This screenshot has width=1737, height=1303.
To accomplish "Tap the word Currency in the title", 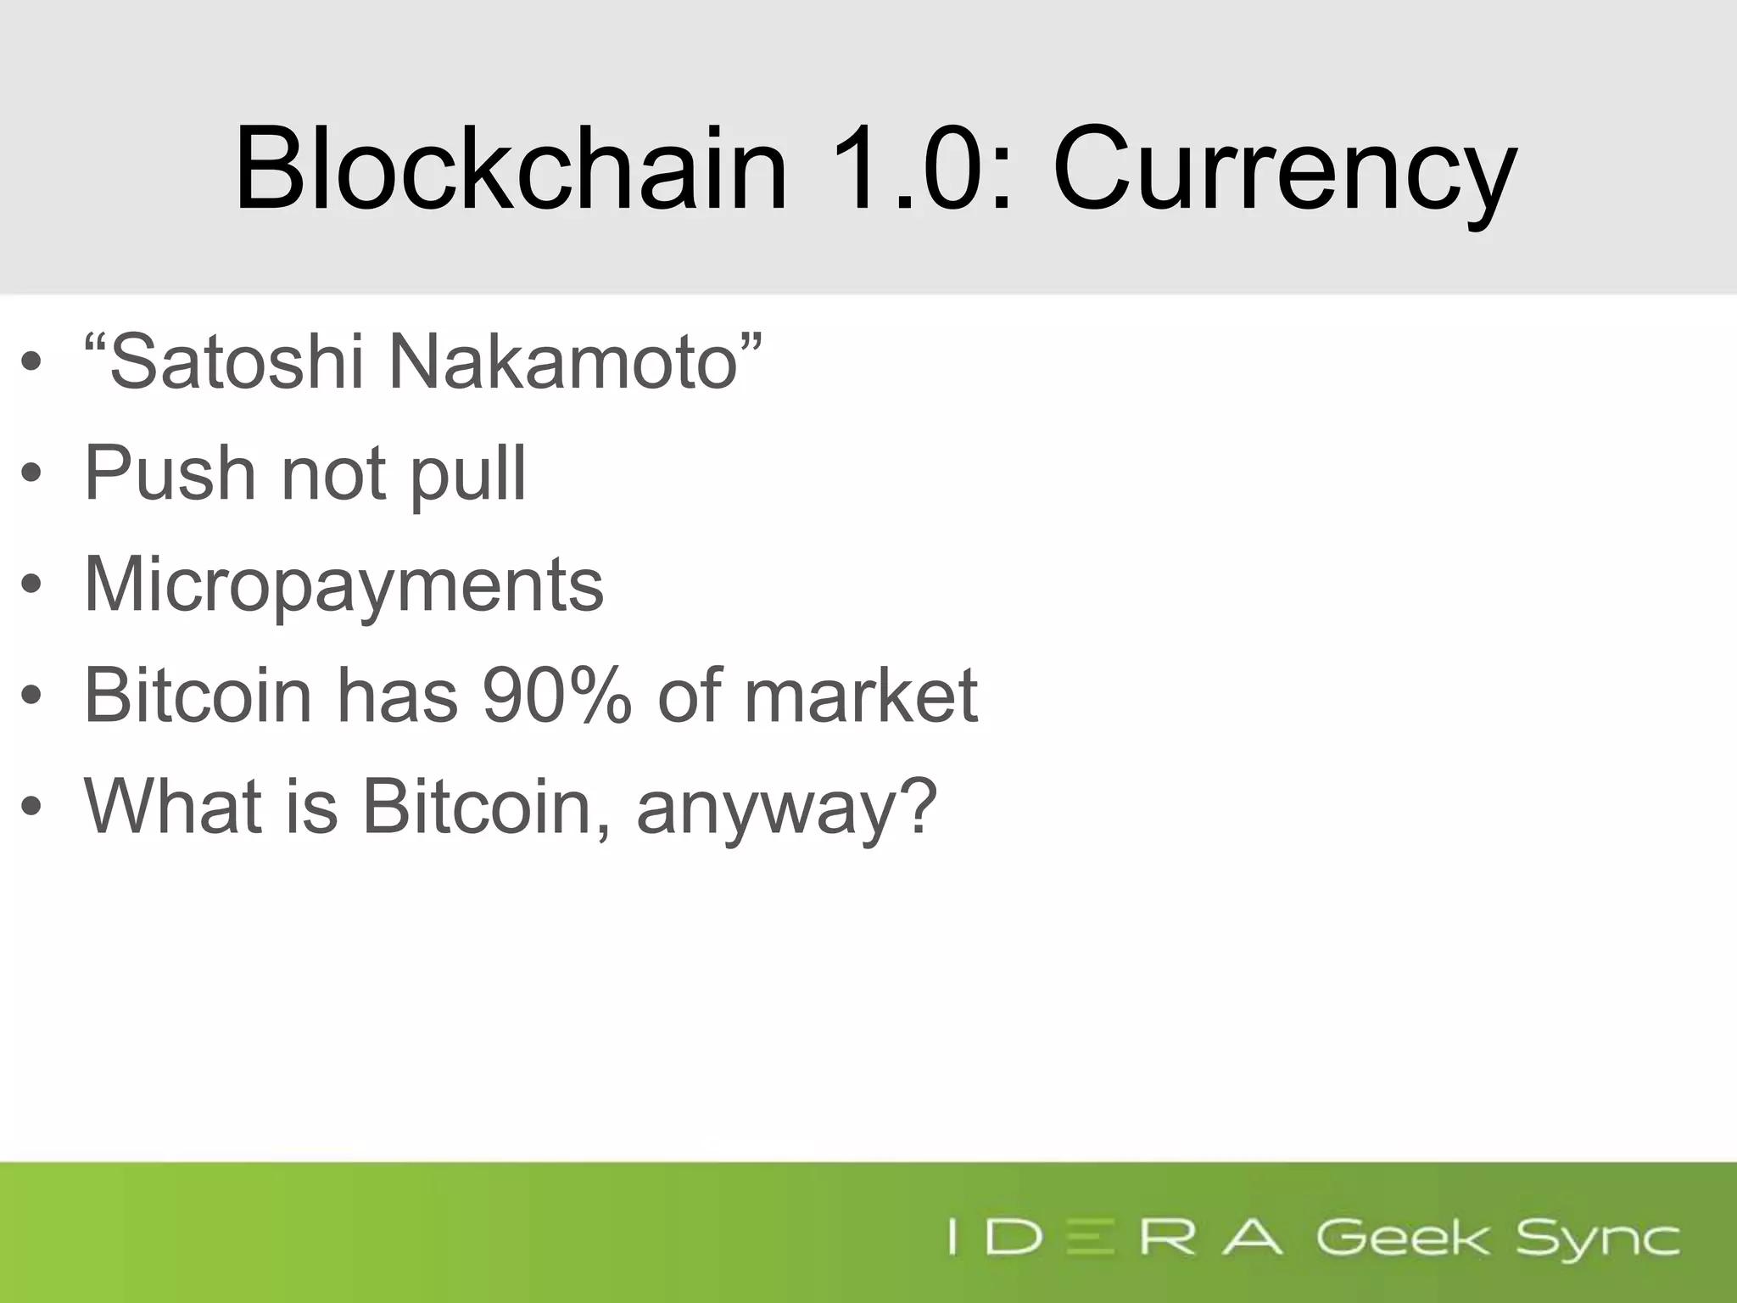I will coord(1284,174).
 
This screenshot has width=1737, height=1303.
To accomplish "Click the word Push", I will coord(170,473).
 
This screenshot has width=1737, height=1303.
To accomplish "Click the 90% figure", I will coord(556,696).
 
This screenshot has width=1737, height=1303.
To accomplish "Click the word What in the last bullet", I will coord(173,806).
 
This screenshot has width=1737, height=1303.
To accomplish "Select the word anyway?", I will coord(786,810).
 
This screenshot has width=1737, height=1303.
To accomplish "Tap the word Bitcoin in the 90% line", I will coord(198,696).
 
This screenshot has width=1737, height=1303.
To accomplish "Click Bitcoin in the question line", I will coord(476,806).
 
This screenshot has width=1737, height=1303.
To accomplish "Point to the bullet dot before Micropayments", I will coord(31,586).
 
